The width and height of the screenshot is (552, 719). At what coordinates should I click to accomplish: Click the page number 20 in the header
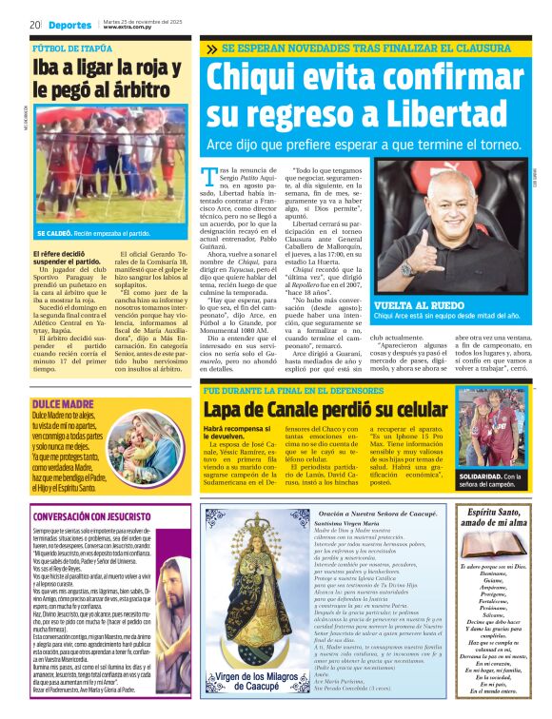[x=34, y=24]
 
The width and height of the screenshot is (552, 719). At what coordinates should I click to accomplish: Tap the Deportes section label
[x=70, y=25]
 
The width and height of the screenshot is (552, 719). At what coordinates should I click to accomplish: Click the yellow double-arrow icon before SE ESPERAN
[x=211, y=48]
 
